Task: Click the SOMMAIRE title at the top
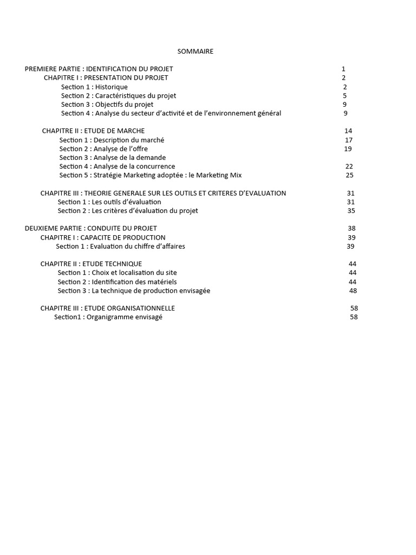tap(195, 51)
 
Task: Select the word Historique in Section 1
tap(110, 87)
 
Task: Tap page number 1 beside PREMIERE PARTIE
tap(343, 69)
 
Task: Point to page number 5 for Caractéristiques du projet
tap(344, 95)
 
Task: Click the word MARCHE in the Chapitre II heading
tap(132, 131)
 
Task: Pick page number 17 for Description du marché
tap(349, 140)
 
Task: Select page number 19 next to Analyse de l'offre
tap(348, 149)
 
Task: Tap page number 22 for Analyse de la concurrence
tap(349, 166)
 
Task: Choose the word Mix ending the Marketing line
tap(235, 175)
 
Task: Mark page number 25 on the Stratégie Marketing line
tap(349, 175)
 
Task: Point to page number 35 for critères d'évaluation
tap(351, 211)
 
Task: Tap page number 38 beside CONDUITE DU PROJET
tap(352, 228)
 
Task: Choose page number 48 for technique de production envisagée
tap(353, 291)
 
